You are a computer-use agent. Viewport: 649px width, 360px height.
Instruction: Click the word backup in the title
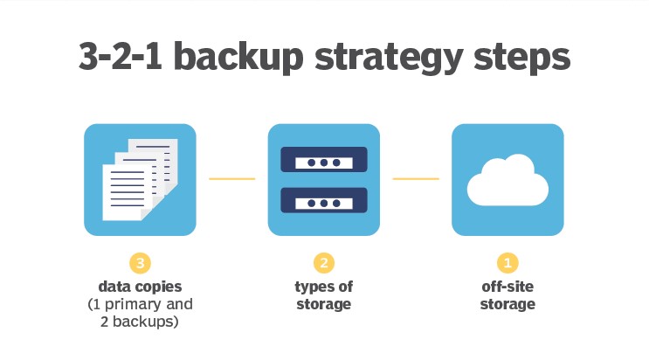[238, 56]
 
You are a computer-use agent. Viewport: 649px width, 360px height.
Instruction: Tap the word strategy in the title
[389, 58]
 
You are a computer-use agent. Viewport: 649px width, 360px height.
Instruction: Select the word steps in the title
[522, 58]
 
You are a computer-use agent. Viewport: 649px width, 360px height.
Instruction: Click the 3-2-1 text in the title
[120, 56]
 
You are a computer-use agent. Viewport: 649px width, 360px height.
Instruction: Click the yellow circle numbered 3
[140, 263]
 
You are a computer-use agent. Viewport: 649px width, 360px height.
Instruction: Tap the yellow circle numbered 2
[324, 263]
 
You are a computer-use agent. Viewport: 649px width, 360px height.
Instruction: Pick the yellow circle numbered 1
[507, 263]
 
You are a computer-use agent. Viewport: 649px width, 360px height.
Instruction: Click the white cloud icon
[507, 180]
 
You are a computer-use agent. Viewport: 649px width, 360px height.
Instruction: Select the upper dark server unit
[324, 160]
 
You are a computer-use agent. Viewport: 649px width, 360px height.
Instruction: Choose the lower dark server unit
[324, 200]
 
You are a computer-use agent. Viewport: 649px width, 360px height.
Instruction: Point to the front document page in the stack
[127, 192]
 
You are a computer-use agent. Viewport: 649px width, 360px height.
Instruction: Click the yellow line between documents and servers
[231, 179]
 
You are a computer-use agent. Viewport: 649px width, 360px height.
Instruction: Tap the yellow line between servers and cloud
[416, 179]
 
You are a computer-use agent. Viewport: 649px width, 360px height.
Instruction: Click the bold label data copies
[140, 287]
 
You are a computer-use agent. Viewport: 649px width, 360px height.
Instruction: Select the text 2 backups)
[140, 322]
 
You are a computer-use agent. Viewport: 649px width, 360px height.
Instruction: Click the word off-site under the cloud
[507, 287]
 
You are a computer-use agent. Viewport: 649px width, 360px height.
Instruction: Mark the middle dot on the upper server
[324, 163]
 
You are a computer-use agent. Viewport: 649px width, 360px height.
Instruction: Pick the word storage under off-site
[507, 304]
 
